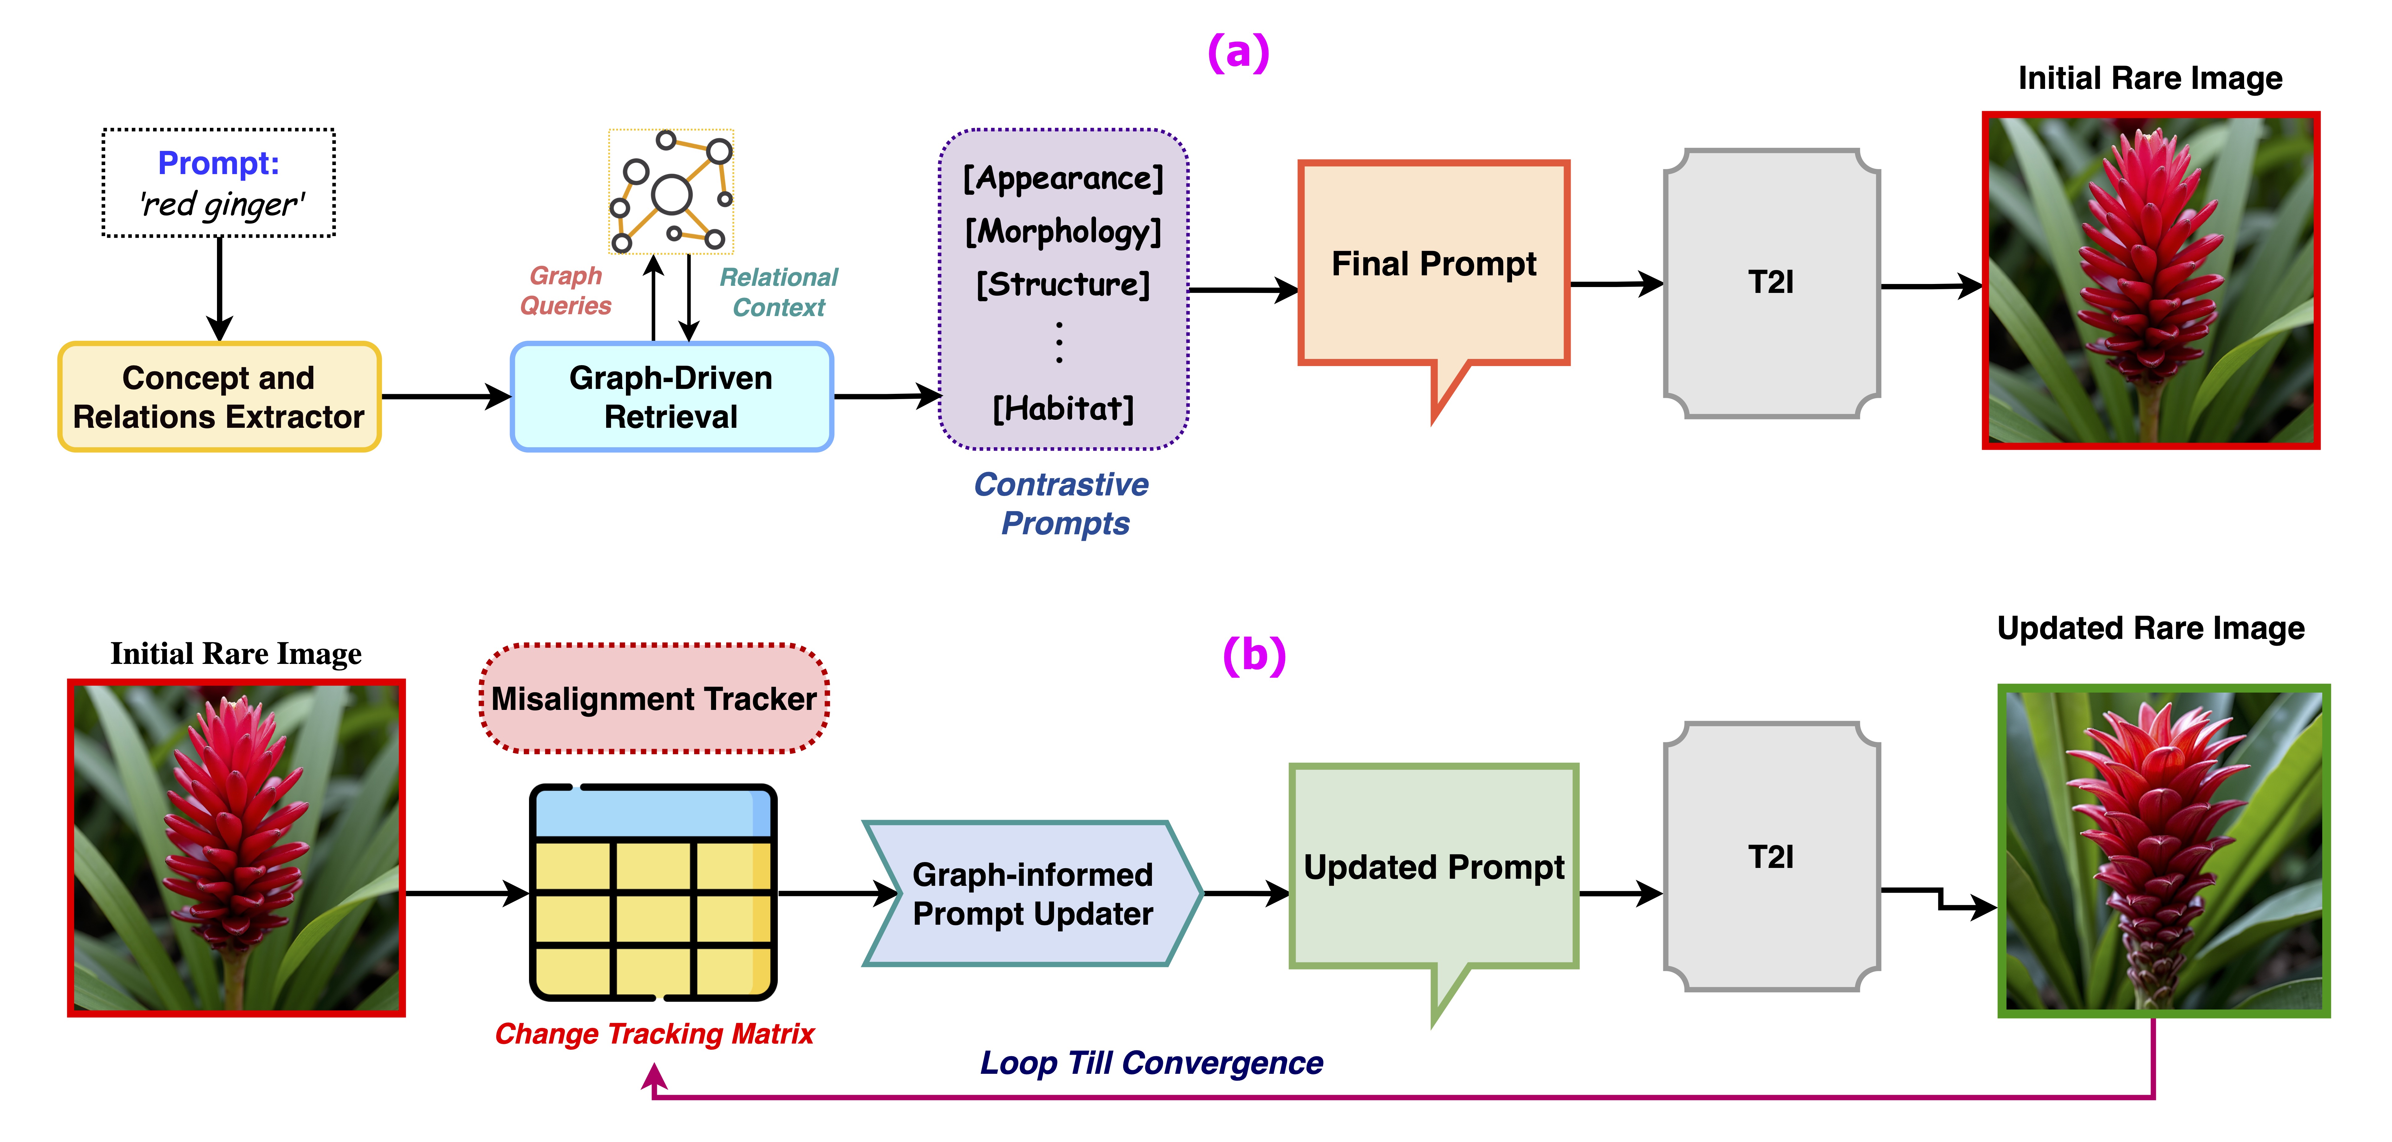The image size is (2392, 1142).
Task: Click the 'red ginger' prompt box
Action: coord(219,183)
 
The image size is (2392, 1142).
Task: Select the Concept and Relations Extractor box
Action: coord(219,397)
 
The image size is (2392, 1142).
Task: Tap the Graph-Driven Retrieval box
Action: coord(671,397)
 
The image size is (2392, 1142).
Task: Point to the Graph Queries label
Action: coord(565,291)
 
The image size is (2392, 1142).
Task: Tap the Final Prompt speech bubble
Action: coord(1434,265)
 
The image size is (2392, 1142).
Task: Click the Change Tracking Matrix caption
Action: coord(654,1033)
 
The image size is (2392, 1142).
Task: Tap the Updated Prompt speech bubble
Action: coord(1434,867)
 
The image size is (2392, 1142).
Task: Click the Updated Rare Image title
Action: coord(2151,629)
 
